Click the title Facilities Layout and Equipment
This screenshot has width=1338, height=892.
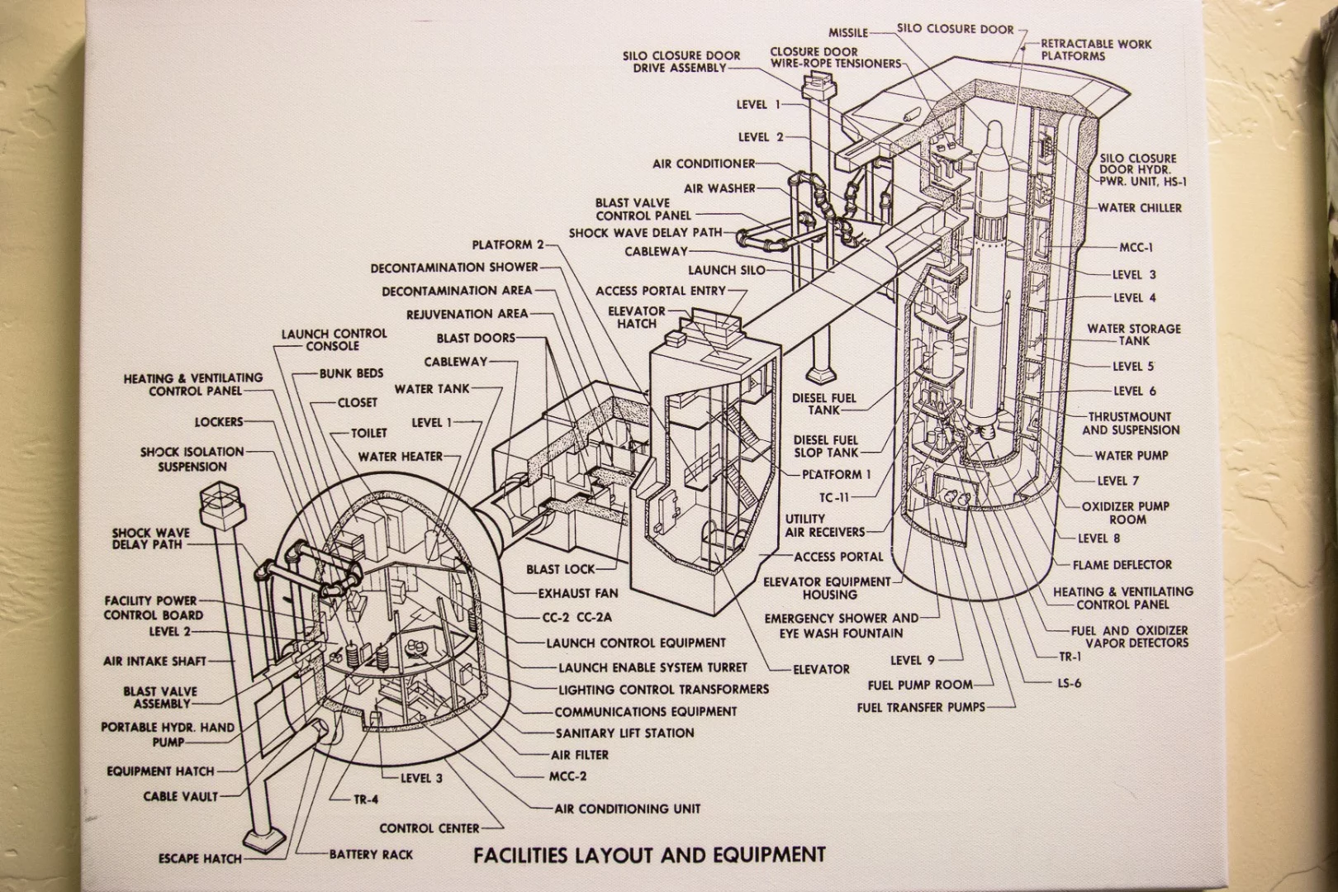649,854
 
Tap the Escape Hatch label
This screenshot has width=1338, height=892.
200,859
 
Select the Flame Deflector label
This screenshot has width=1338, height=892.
1122,565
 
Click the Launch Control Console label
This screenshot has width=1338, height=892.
334,339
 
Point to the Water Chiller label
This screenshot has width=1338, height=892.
1139,207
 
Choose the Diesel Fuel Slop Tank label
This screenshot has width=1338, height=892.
826,446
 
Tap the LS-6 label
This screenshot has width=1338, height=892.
1069,683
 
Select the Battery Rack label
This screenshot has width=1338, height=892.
371,854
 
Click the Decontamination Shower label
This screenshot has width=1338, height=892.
454,267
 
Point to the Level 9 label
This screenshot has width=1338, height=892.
912,660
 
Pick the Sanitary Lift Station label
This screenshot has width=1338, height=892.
624,733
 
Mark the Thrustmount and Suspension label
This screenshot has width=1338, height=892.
1130,424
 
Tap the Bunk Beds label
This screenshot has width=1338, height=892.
351,373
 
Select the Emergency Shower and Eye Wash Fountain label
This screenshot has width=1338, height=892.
841,625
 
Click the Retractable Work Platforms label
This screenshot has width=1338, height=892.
1095,50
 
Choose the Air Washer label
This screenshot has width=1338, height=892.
719,188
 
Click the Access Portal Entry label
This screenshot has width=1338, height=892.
660,291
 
